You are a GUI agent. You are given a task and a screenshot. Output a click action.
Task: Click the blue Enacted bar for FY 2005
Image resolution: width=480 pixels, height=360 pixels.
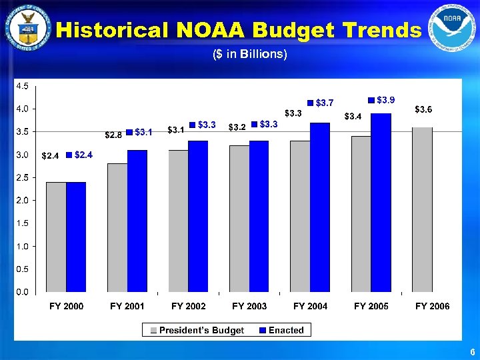[x=381, y=203]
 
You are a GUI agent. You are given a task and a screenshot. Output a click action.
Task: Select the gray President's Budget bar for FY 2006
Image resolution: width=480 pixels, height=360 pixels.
[x=422, y=209]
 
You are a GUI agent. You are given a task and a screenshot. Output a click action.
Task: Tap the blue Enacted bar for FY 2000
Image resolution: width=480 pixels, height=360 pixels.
[x=76, y=237]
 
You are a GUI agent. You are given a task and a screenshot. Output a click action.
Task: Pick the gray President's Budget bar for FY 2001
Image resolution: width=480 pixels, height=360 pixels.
[x=117, y=227]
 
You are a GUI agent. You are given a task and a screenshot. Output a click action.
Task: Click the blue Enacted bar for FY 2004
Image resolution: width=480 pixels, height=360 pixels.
[x=320, y=207]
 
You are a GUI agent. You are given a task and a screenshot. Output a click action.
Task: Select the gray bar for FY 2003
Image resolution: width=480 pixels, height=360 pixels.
[x=239, y=219]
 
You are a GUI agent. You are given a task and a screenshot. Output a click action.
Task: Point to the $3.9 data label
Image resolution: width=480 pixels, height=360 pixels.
[x=385, y=100]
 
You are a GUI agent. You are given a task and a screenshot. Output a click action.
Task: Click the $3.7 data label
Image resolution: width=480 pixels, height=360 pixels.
[x=325, y=103]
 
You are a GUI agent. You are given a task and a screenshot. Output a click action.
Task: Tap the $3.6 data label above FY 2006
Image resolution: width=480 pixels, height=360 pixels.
[x=425, y=109]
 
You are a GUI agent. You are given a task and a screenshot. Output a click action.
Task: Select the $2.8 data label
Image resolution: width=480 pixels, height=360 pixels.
[x=113, y=135]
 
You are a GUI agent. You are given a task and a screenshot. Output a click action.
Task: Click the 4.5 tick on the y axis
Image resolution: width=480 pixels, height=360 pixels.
[x=22, y=86]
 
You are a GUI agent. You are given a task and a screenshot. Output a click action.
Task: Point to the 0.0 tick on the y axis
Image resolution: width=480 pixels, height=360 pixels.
[x=22, y=292]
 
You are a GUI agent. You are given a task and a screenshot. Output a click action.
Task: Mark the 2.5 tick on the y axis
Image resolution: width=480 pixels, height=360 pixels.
[x=22, y=177]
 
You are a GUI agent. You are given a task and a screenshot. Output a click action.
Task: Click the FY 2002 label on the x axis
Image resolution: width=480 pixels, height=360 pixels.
[x=189, y=306]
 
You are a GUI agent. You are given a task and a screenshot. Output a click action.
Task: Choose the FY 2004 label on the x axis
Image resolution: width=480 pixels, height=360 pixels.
[x=311, y=306]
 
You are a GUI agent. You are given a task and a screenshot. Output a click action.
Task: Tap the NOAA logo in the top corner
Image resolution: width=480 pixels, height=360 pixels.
[x=453, y=27]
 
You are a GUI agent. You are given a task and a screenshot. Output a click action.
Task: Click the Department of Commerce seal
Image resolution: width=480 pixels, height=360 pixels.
[x=27, y=27]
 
